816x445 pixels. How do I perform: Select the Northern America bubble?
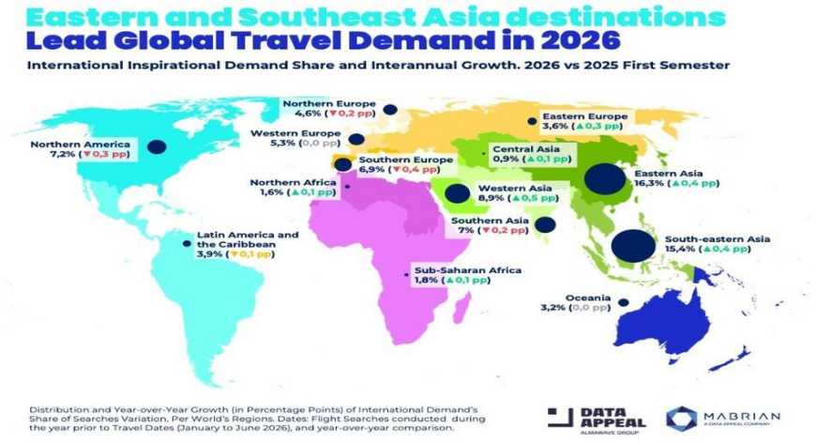pos(156,146)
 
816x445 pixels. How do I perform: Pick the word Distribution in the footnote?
pos(55,410)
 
